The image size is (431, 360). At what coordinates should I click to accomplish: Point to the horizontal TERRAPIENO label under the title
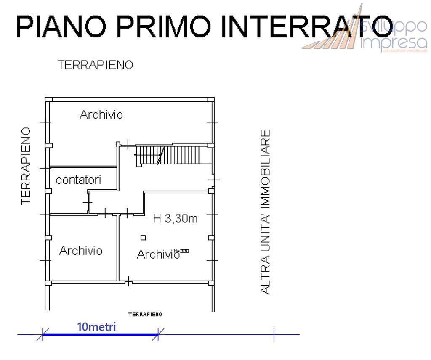coord(96,65)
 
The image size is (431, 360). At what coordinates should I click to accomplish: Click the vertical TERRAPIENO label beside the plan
coord(27,166)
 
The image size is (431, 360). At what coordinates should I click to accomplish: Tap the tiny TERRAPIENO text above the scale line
coord(145,314)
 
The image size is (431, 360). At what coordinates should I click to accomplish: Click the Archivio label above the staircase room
coord(101,114)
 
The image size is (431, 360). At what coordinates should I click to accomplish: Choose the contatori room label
coord(79,180)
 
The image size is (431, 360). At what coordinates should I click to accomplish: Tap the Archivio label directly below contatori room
coord(80,251)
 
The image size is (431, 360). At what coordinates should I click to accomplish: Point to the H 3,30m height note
coord(176,219)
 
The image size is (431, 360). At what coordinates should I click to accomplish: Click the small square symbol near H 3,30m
coord(143,238)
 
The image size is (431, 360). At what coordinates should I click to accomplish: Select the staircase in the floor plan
coord(173,155)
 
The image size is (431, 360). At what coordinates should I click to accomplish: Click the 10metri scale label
coord(96,327)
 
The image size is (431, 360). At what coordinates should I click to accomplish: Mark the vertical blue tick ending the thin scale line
coord(274,334)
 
